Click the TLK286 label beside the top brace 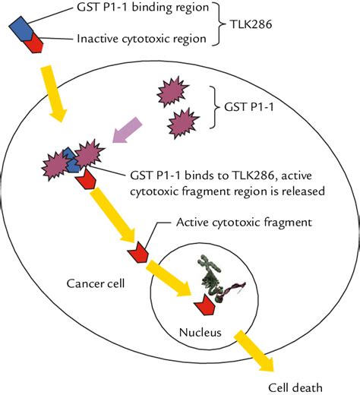(251, 24)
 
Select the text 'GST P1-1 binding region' (143, 8)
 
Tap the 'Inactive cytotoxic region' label (141, 39)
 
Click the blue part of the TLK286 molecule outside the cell (21, 29)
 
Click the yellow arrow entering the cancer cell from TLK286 (54, 93)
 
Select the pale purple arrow (128, 130)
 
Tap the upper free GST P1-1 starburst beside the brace (172, 91)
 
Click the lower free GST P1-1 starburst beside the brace (183, 123)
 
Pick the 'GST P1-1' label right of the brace (249, 107)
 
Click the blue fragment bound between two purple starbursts (71, 160)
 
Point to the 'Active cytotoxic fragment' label (244, 223)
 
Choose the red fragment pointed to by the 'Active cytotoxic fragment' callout (138, 252)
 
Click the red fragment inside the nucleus (204, 305)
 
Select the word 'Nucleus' (200, 332)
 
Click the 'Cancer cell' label (96, 283)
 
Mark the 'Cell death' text (295, 387)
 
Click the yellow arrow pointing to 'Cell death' (255, 351)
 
